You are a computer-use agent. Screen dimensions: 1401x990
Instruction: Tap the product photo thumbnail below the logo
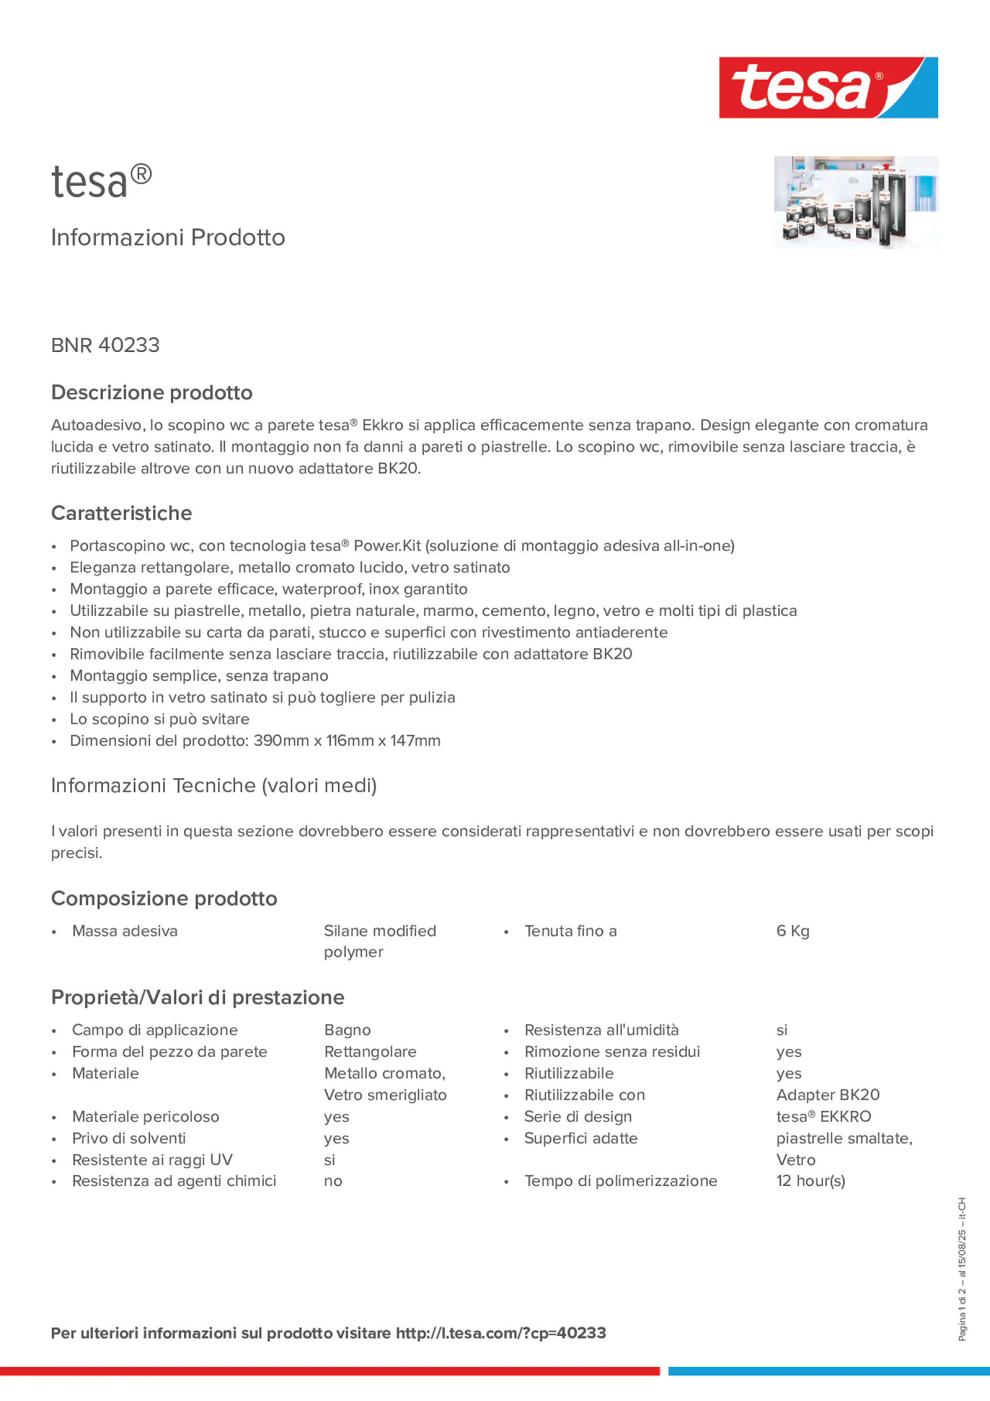[856, 202]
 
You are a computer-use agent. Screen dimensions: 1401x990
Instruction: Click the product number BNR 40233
[105, 345]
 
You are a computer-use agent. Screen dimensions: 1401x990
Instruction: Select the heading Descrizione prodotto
[152, 392]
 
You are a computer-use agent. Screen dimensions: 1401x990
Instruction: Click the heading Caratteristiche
[122, 513]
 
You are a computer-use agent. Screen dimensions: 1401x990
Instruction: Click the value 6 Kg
[792, 931]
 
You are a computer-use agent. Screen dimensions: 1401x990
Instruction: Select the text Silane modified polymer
[380, 941]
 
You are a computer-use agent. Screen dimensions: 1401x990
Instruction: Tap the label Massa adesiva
[124, 931]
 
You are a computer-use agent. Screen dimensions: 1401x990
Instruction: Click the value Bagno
[347, 1030]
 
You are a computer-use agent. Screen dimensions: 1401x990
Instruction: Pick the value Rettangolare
[370, 1052]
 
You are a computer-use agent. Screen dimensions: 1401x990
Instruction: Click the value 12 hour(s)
[810, 1181]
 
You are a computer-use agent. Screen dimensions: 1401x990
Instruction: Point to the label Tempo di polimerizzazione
[620, 1181]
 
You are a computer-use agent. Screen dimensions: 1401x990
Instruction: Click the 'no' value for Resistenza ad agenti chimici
[333, 1181]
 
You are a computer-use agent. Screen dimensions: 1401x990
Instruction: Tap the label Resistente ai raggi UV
[152, 1159]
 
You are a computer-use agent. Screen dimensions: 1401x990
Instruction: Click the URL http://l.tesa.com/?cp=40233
[501, 1333]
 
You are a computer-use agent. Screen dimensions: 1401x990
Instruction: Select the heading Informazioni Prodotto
[168, 238]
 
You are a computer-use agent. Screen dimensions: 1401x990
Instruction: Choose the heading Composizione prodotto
[164, 899]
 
